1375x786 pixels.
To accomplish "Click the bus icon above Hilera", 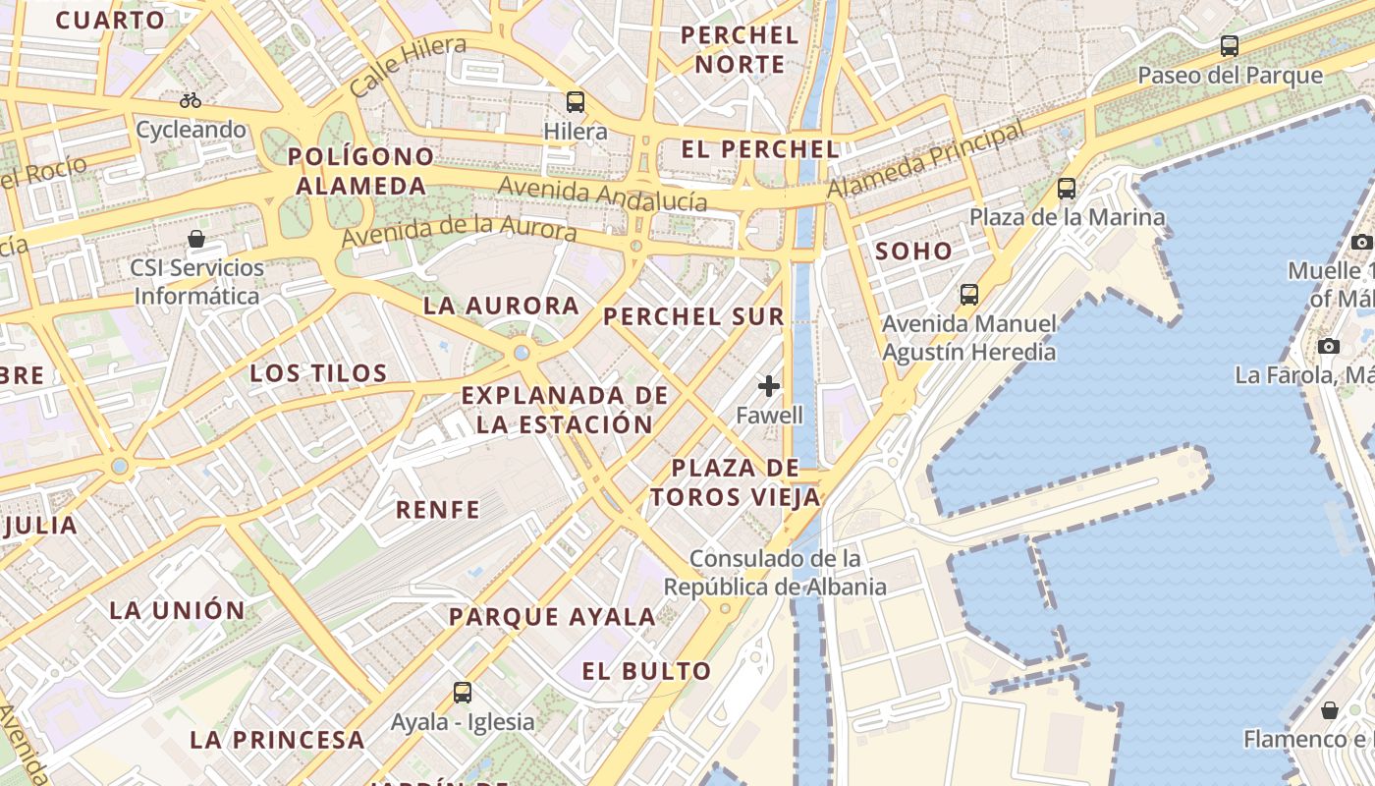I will pyautogui.click(x=575, y=101).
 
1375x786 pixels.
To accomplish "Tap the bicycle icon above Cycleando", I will pyautogui.click(x=191, y=100).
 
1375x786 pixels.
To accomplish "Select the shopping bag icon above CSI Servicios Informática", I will pyautogui.click(x=196, y=239).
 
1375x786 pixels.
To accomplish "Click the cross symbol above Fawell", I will pyautogui.click(x=769, y=386).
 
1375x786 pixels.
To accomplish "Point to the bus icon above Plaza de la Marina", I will pyautogui.click(x=1067, y=189).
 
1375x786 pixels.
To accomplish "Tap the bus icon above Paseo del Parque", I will pyautogui.click(x=1229, y=45).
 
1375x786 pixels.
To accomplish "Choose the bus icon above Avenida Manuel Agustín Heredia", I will pyautogui.click(x=969, y=294).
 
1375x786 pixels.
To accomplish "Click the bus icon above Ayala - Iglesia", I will pyautogui.click(x=463, y=692).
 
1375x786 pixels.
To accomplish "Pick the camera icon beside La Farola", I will pyautogui.click(x=1329, y=346).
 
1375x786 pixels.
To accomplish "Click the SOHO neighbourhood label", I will pyautogui.click(x=913, y=251).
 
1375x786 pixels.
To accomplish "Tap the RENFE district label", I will pyautogui.click(x=438, y=509).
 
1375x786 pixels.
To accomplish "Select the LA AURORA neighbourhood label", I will pyautogui.click(x=501, y=306).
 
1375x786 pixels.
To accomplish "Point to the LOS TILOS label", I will pyautogui.click(x=318, y=373).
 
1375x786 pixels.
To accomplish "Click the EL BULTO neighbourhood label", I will pyautogui.click(x=646, y=671).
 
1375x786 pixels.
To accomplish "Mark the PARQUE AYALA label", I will pyautogui.click(x=552, y=617).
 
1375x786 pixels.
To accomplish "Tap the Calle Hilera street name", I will pyautogui.click(x=408, y=65).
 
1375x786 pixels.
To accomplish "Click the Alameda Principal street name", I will pyautogui.click(x=926, y=159).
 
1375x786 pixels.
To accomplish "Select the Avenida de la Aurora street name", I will pyautogui.click(x=459, y=232).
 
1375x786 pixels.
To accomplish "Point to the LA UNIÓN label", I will pyautogui.click(x=177, y=609).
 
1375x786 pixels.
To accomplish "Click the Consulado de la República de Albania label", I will pyautogui.click(x=775, y=573).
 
